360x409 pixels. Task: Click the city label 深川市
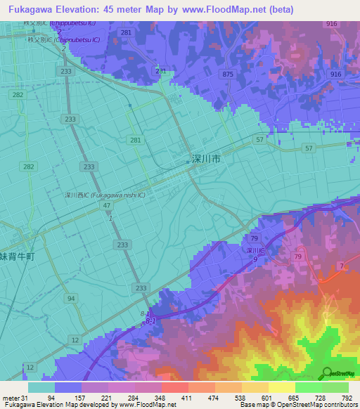click(x=206, y=160)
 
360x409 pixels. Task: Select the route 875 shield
click(x=227, y=74)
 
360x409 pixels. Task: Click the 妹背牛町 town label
click(x=17, y=257)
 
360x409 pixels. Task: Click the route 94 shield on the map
click(x=71, y=298)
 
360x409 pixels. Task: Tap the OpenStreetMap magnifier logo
click(x=327, y=374)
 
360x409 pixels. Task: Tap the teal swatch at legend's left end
click(x=41, y=387)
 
